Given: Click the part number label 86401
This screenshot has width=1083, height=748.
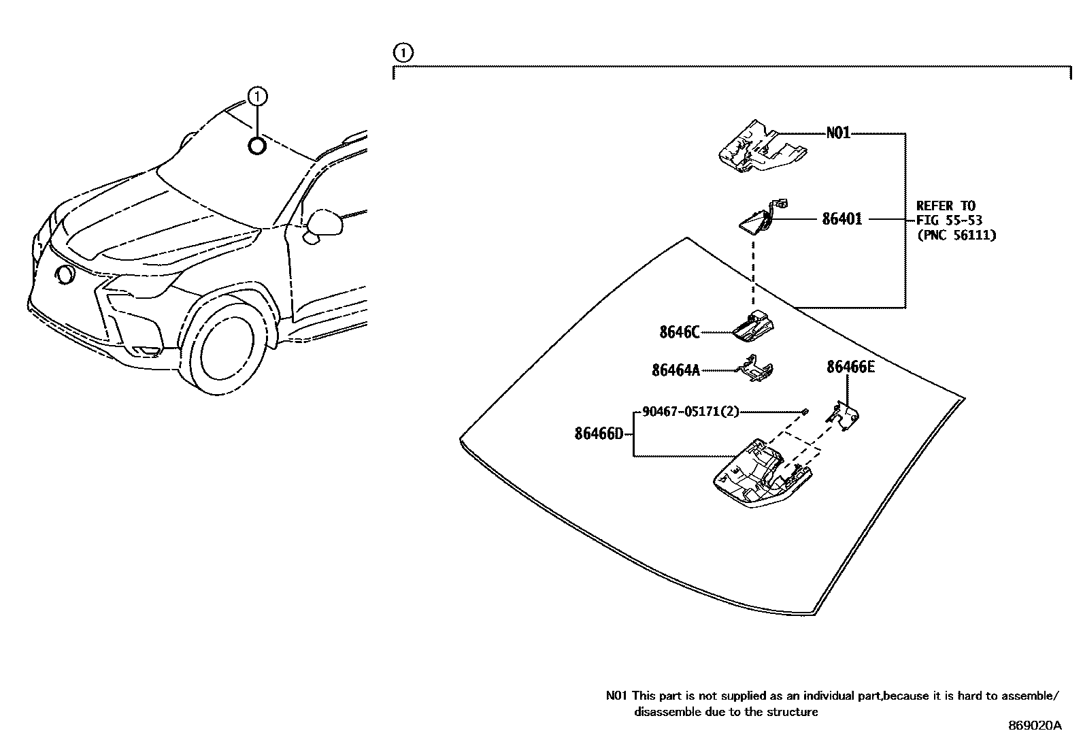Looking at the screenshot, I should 842,219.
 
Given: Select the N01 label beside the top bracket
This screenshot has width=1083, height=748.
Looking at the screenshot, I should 838,133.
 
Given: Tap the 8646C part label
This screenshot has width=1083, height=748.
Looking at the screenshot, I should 679,332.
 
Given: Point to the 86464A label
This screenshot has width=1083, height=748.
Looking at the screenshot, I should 675,370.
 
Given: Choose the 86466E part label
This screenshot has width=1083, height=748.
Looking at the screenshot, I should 850,368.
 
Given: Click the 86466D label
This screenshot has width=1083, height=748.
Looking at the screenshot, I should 599,434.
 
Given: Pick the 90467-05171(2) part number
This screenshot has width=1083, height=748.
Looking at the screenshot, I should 690,411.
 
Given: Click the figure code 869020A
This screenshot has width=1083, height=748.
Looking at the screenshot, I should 1034,726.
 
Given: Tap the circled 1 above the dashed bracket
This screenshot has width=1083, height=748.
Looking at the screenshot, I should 403,52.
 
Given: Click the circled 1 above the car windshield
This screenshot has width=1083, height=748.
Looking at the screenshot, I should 256,97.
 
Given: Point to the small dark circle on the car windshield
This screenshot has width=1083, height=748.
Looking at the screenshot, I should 256,146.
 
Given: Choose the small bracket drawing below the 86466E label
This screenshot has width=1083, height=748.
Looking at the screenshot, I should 843,415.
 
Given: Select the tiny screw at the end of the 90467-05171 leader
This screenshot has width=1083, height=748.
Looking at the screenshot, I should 805,411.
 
